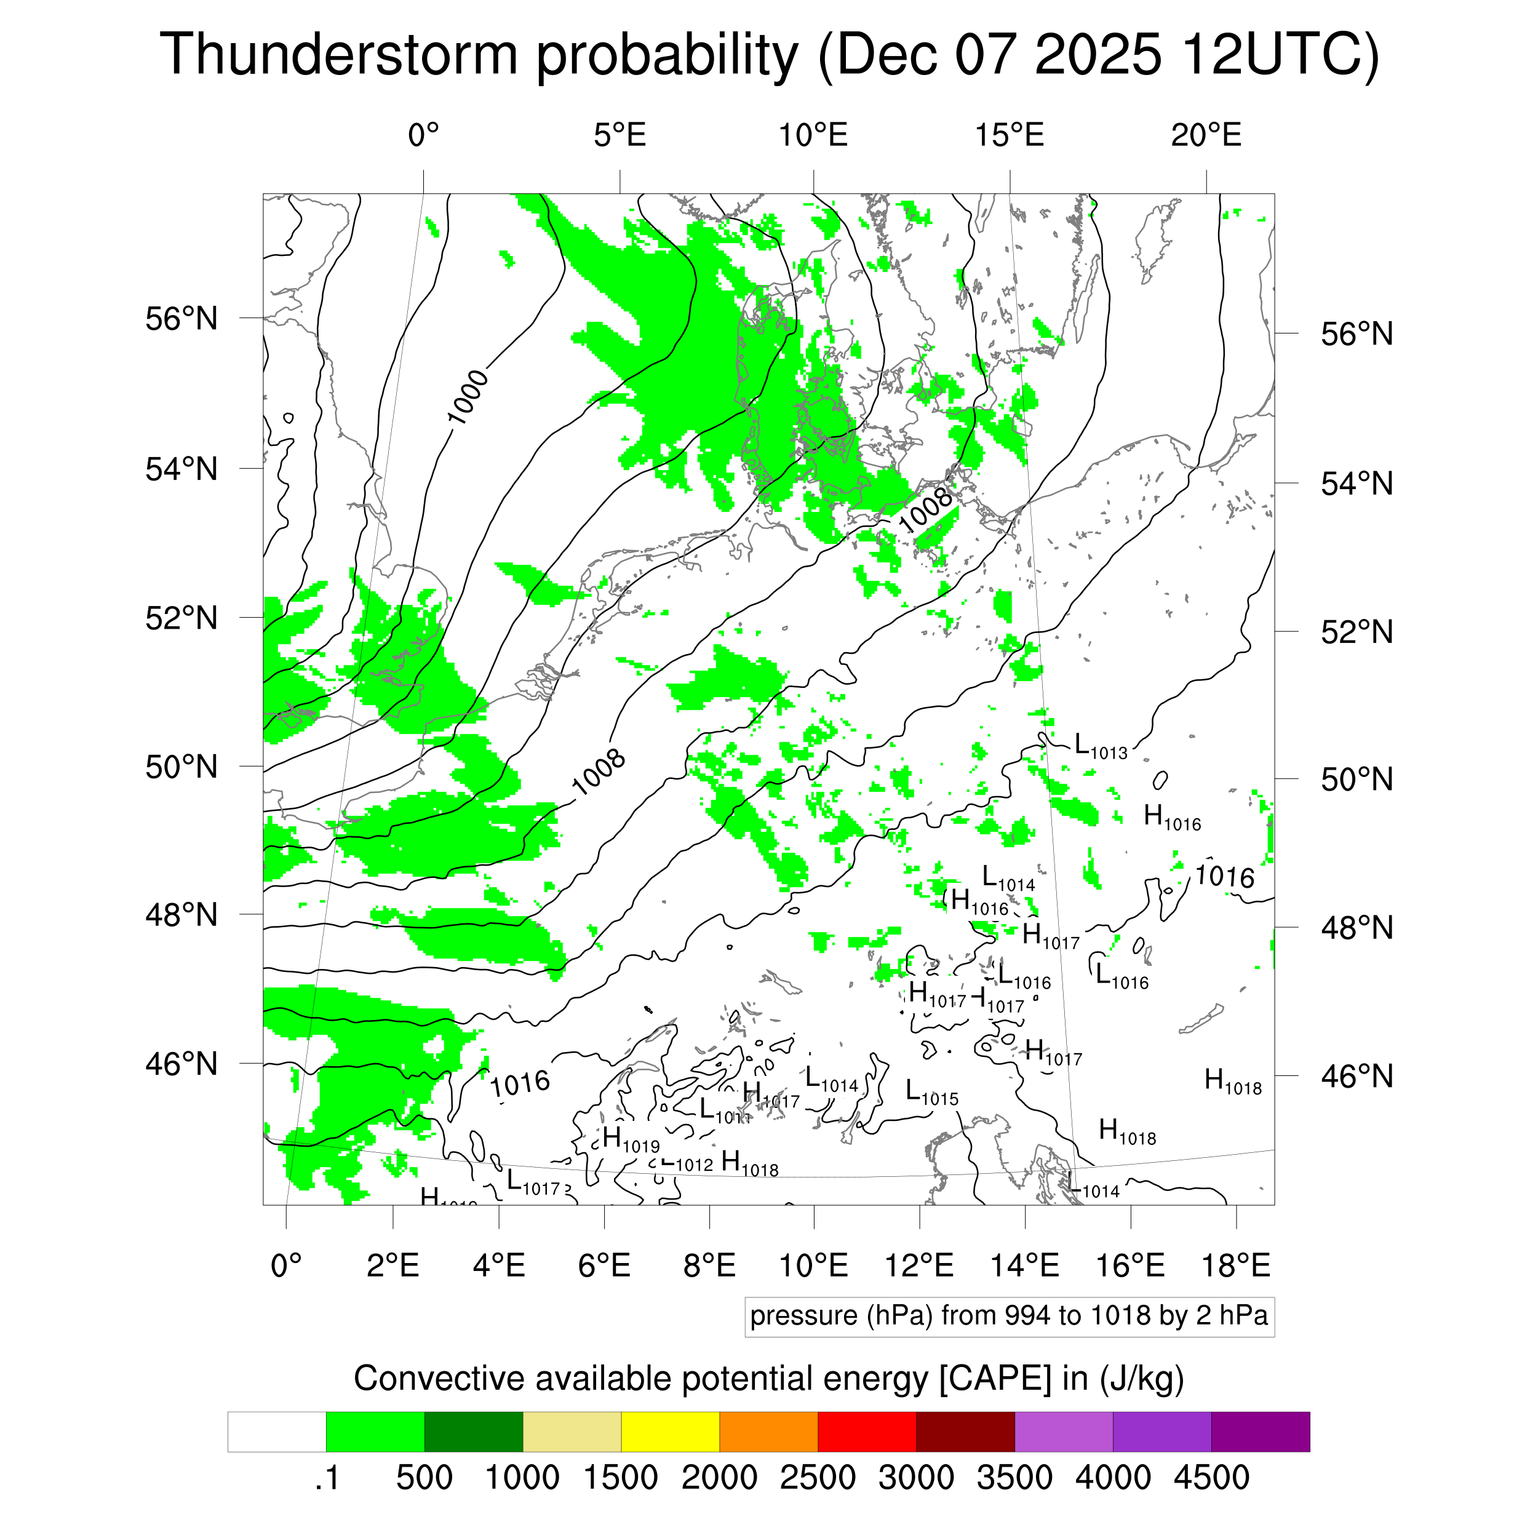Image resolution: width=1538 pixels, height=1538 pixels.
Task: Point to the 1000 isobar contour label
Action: click(468, 397)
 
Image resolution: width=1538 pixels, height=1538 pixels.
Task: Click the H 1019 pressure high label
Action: click(631, 1140)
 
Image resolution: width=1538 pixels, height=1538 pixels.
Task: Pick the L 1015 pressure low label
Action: click(932, 1093)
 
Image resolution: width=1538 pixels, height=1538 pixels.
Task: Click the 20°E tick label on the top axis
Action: click(1206, 135)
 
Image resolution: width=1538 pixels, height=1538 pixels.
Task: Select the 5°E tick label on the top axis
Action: click(620, 135)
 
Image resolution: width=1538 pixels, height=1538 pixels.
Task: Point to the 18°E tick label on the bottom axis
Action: click(1235, 1265)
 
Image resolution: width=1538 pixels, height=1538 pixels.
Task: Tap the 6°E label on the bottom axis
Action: click(604, 1265)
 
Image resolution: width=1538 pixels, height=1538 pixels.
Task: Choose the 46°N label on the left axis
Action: click(181, 1064)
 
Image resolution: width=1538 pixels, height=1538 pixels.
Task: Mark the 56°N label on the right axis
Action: click(1357, 334)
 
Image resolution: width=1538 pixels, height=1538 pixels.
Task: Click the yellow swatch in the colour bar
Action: click(671, 1432)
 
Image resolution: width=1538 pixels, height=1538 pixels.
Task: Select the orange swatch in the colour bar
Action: click(768, 1432)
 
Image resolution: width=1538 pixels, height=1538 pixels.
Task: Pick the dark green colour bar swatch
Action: click(474, 1432)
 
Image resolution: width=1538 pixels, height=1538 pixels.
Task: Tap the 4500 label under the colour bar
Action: click(1211, 1478)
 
